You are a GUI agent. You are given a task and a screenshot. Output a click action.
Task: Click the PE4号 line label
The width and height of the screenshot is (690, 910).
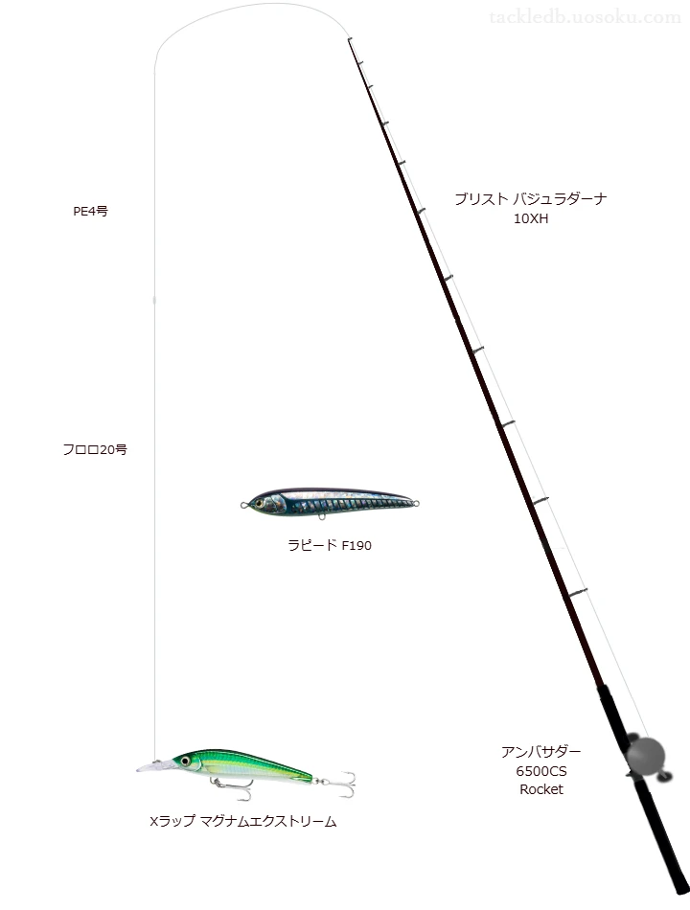90,212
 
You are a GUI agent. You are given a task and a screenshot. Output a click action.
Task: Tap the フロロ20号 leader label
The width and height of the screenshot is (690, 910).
95,450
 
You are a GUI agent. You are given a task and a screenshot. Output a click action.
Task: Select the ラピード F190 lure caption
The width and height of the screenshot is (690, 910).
330,545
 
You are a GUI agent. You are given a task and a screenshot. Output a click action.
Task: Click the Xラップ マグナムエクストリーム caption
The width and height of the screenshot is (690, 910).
242,821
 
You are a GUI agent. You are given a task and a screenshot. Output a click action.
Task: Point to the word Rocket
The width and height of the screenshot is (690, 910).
541,789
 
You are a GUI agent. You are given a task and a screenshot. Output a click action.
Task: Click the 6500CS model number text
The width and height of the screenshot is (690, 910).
541,771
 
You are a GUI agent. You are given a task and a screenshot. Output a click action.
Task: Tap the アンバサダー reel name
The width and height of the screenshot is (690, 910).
541,752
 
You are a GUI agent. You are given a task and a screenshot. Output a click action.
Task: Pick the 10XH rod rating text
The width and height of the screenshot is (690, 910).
531,218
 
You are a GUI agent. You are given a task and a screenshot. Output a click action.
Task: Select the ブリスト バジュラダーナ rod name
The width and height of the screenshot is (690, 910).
531,199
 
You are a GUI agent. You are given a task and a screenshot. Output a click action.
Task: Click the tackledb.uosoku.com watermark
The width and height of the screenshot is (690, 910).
585,17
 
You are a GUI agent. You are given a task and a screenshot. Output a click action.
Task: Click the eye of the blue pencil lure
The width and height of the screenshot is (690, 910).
259,501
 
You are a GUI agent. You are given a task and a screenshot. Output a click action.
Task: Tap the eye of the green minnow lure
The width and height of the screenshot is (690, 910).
185,761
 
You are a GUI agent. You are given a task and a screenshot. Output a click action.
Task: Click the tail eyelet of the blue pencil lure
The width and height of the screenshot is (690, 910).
415,503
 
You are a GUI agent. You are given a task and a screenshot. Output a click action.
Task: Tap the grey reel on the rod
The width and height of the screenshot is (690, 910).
645,756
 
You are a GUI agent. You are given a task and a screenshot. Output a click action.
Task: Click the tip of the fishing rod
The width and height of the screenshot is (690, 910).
349,39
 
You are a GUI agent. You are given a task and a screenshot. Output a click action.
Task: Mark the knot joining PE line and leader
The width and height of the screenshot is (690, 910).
154,300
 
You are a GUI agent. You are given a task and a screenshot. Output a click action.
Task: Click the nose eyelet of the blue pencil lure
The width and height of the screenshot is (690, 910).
244,506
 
